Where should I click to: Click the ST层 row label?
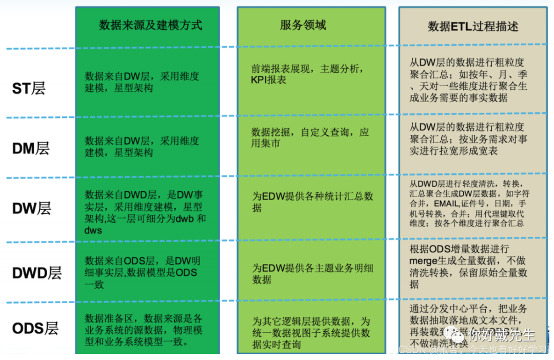pyautogui.click(x=29, y=88)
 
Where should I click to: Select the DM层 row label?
pyautogui.click(x=31, y=149)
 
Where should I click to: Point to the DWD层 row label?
pyautogui.click(x=36, y=273)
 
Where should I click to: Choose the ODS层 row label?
pyautogui.click(x=35, y=328)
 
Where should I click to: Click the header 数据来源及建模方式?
pyautogui.click(x=150, y=25)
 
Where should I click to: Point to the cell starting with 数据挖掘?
pyautogui.click(x=310, y=138)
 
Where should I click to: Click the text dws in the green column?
pyautogui.click(x=93, y=231)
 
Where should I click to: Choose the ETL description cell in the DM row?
pyautogui.click(x=468, y=138)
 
